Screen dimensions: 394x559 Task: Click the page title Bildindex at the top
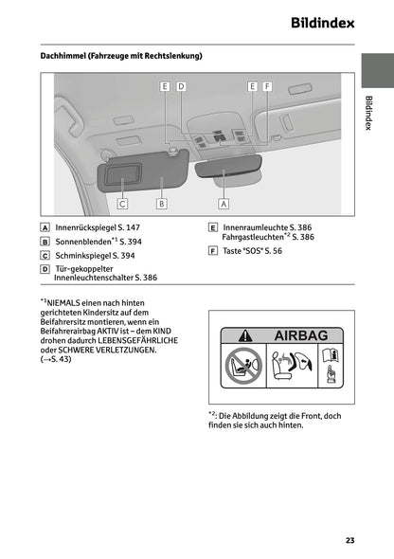316,22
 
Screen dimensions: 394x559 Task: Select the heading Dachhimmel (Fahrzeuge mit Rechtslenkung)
121,55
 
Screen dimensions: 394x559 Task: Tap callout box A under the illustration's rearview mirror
224,202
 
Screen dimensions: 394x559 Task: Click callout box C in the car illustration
122,202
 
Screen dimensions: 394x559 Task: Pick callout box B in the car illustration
162,202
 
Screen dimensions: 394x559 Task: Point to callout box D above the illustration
180,86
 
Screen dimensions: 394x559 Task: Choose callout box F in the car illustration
267,86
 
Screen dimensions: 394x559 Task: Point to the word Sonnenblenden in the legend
83,242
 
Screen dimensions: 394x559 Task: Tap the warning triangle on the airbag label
244,335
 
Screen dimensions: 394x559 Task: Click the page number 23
349,540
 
